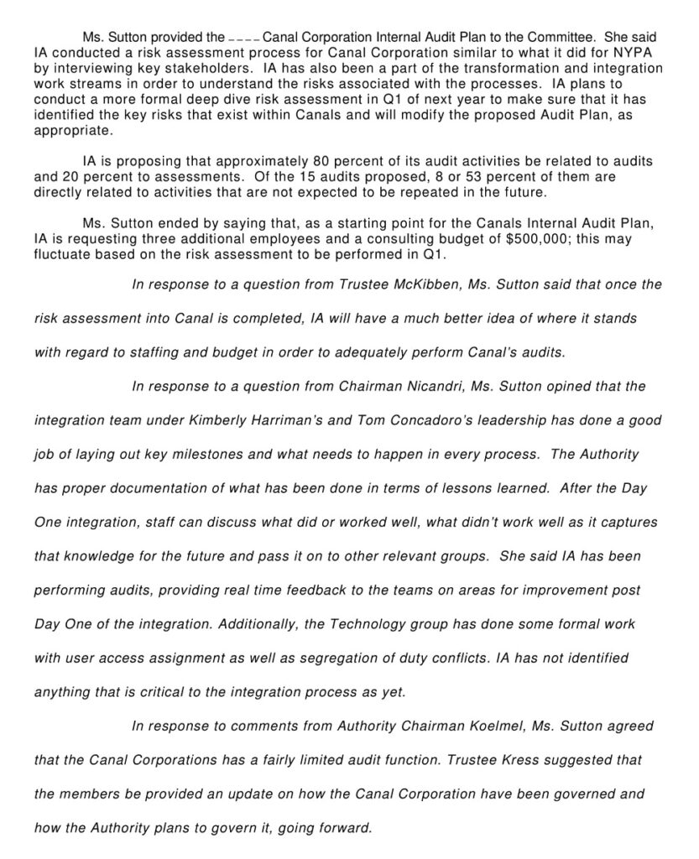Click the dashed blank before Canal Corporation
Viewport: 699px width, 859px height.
click(244, 39)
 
